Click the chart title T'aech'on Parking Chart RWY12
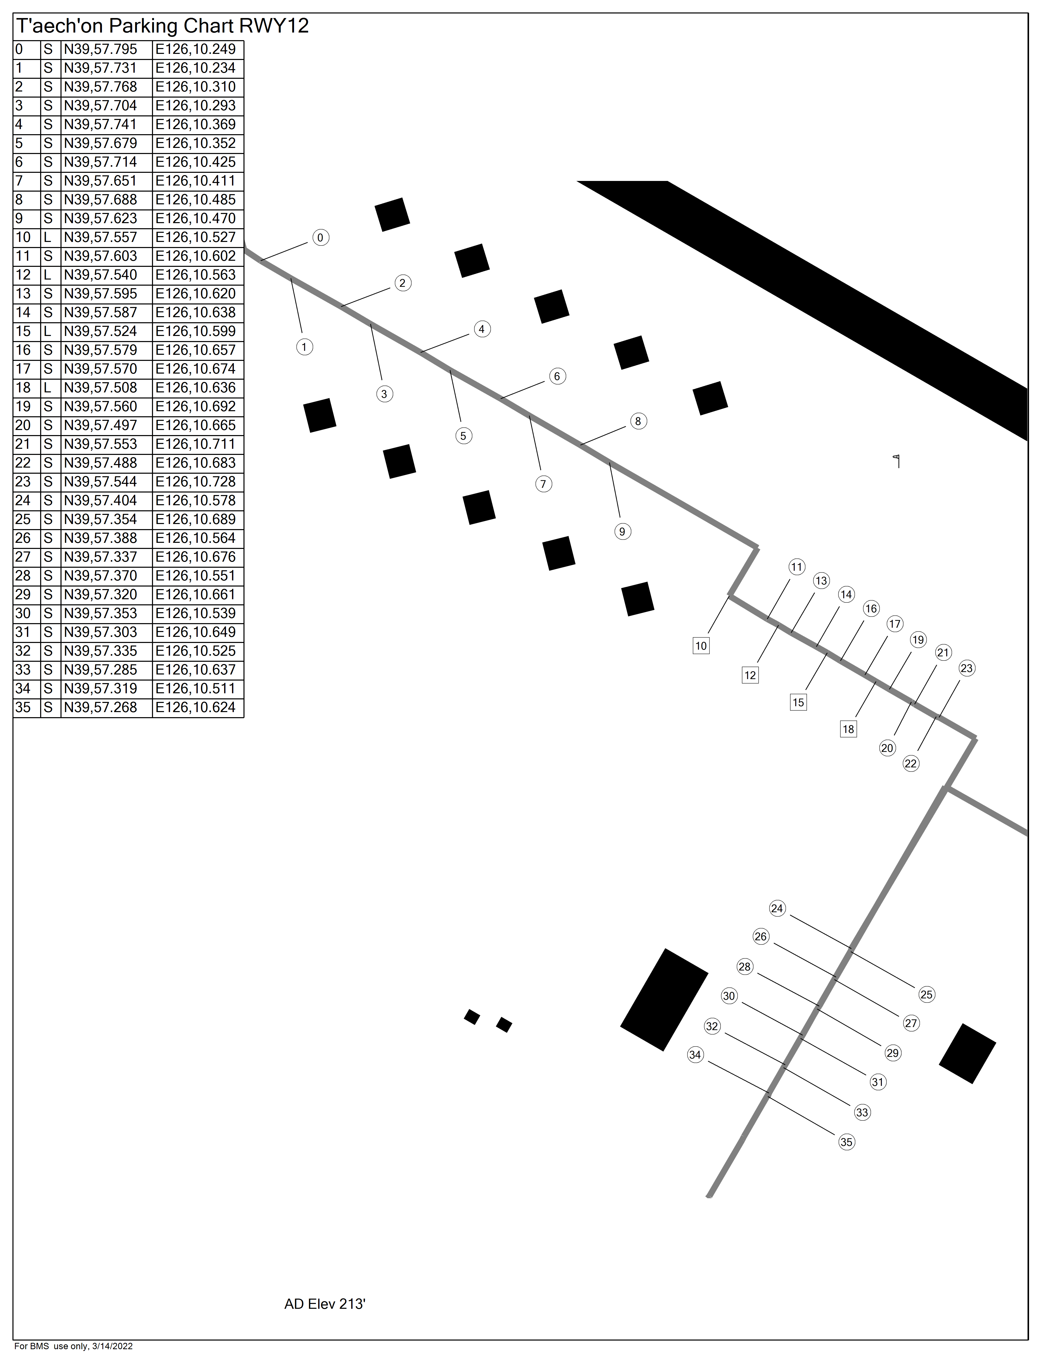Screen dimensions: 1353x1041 pyautogui.click(x=162, y=26)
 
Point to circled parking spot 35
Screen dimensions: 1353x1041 pyautogui.click(x=846, y=1142)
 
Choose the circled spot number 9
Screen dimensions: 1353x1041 pyautogui.click(x=623, y=532)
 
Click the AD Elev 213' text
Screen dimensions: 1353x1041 pyautogui.click(x=325, y=1304)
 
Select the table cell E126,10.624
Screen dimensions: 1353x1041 pyautogui.click(x=196, y=708)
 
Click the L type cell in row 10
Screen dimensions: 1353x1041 pyautogui.click(x=48, y=237)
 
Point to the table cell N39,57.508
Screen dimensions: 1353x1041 pyautogui.click(x=100, y=388)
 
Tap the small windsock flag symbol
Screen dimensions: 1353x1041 pyautogui.click(x=897, y=461)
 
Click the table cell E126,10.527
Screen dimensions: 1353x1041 pyautogui.click(x=196, y=237)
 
